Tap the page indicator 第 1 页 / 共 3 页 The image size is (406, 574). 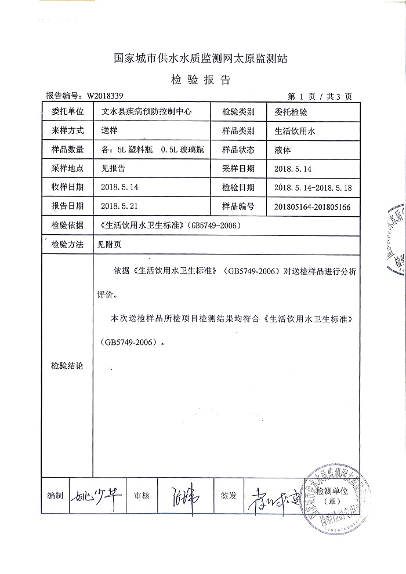point(320,96)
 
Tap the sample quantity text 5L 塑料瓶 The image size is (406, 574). point(135,150)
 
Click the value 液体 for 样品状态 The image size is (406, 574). point(282,150)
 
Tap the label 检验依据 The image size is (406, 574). point(67,225)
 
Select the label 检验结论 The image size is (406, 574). point(67,366)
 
